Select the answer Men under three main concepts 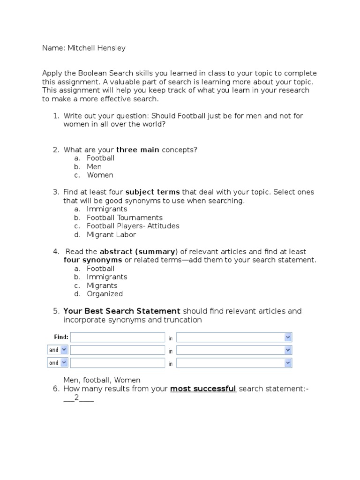(x=94, y=166)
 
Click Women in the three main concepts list (x=100, y=175)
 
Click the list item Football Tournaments (x=125, y=217)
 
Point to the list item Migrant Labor (x=112, y=234)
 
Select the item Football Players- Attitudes (x=133, y=226)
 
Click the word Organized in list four (x=105, y=294)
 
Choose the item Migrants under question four (x=102, y=285)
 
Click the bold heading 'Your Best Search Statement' (x=122, y=311)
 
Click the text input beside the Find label (x=118, y=337)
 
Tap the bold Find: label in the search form (x=61, y=337)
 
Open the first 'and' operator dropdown (x=58, y=350)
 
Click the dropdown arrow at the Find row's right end (x=288, y=337)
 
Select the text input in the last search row (x=118, y=363)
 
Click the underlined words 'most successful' (x=203, y=389)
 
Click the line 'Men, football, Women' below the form (x=102, y=380)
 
